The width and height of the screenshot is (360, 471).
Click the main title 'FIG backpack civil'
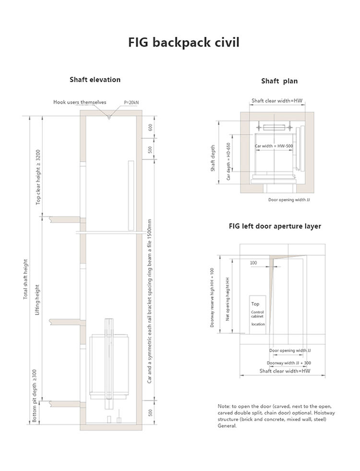[x=183, y=43]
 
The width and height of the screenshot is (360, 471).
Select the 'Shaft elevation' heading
[x=95, y=80]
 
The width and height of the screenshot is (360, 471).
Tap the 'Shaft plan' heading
[x=279, y=81]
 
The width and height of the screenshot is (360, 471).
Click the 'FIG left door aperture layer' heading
[x=275, y=226]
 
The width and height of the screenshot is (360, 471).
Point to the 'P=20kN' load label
[x=131, y=103]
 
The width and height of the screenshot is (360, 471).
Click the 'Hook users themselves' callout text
[x=80, y=102]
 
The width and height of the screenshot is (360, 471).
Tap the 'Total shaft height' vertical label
[x=26, y=279]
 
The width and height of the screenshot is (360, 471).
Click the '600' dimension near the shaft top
[x=150, y=128]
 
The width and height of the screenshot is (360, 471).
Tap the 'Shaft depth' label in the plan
[x=213, y=158]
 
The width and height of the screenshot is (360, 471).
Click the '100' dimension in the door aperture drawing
[x=253, y=263]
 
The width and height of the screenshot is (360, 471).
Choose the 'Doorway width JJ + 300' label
[x=289, y=363]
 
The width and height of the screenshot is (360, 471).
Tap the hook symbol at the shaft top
[x=109, y=115]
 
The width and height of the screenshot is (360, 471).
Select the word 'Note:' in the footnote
[x=224, y=406]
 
